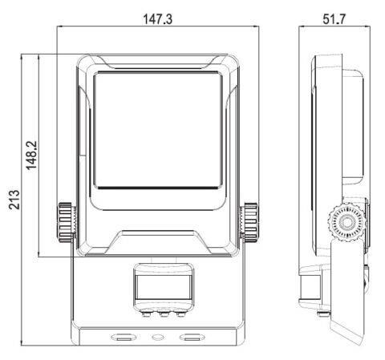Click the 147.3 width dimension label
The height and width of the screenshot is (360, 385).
[157, 19]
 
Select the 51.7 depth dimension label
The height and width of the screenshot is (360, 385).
[334, 19]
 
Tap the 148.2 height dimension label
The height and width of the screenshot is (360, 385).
[31, 156]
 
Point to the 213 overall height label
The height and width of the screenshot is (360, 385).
[14, 200]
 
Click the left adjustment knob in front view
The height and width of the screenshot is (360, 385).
[65, 223]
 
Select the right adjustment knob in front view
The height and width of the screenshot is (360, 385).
[250, 223]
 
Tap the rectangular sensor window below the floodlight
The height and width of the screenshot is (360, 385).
[163, 287]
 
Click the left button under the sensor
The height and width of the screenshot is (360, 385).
[146, 313]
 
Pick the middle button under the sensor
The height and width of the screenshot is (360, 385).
[164, 313]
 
